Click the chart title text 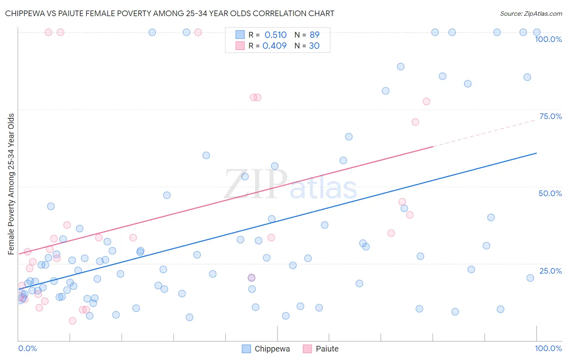point(169,13)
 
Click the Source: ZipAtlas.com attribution point(531,13)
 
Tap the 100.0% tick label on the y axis point(548,39)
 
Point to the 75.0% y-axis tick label point(550,116)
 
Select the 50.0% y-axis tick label point(550,193)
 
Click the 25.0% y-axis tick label point(550,271)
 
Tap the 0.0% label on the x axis point(27,348)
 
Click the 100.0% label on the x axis point(548,348)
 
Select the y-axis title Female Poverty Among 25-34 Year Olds point(11,184)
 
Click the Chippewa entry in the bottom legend point(272,349)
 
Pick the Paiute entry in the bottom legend point(327,349)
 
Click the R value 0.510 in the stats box point(275,35)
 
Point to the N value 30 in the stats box point(314,46)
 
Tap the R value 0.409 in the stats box point(275,46)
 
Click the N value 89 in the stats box point(314,35)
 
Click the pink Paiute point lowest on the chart point(73,321)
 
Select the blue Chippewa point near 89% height point(400,67)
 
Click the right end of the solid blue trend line point(536,153)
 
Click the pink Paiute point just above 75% point(426,101)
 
